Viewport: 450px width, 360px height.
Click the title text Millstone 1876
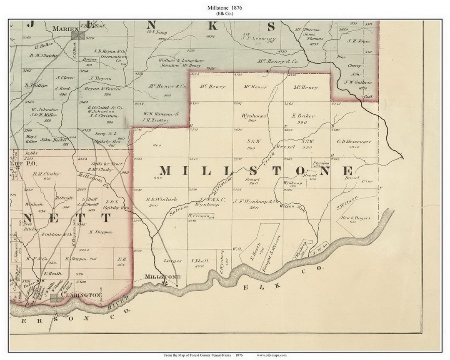coord(225,7)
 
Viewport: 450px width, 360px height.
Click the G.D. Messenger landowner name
coord(354,141)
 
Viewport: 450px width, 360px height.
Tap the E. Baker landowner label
coord(304,116)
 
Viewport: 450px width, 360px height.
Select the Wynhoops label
coord(253,116)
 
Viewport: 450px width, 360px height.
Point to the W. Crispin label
coord(198,216)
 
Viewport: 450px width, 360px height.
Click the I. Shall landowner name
coord(199,261)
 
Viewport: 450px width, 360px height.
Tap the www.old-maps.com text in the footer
coord(271,355)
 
